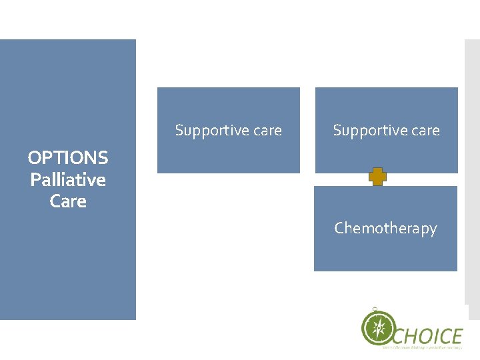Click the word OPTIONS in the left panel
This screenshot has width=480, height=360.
(68, 158)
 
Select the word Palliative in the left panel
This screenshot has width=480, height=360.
(68, 180)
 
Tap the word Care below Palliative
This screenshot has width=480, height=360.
(68, 201)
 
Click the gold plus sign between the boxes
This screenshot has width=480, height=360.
(378, 177)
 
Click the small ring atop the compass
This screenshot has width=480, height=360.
(375, 309)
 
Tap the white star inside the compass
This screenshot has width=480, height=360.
(378, 328)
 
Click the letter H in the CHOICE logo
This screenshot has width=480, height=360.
(408, 335)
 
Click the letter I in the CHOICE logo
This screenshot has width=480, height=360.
(431, 335)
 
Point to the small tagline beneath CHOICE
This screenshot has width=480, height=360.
(422, 346)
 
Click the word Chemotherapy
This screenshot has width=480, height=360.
(385, 228)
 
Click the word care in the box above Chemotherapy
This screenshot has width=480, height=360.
(424, 131)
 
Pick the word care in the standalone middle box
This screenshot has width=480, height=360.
(266, 131)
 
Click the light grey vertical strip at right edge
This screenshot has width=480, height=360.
(472, 167)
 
